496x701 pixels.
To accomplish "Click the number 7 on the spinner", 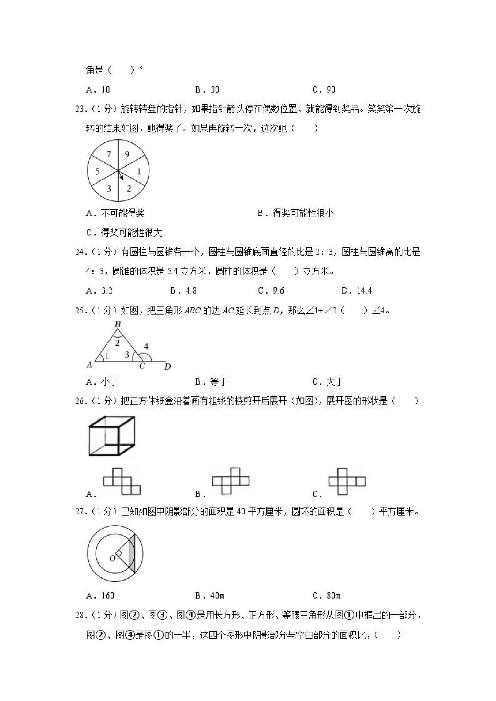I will pos(109,155).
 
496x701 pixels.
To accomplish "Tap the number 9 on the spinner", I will pos(127,155).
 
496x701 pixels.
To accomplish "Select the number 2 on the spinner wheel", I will pos(129,188).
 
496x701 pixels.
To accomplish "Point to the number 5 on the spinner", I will pos(97,172).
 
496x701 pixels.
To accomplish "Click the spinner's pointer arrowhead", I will pos(121,177).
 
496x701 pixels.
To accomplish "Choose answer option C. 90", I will pos(324,90).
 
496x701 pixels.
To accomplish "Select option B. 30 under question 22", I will pos(207,90).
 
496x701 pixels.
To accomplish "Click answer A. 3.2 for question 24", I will pos(99,291).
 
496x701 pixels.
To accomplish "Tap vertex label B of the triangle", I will pos(118,324).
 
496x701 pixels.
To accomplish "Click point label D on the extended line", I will pos(167,366).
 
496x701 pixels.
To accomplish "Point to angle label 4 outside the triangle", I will pos(146,346).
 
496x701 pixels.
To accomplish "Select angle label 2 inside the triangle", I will pos(117,343).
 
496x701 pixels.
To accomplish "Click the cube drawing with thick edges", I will pos(112,436).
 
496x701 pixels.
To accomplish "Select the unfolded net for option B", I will pos(231,481).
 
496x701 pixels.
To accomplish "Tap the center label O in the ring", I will pos(112,558).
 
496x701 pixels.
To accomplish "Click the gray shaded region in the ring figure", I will pos(131,554).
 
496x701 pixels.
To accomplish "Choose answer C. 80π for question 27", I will pos(327,596).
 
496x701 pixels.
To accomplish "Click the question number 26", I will pos(80,401).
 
